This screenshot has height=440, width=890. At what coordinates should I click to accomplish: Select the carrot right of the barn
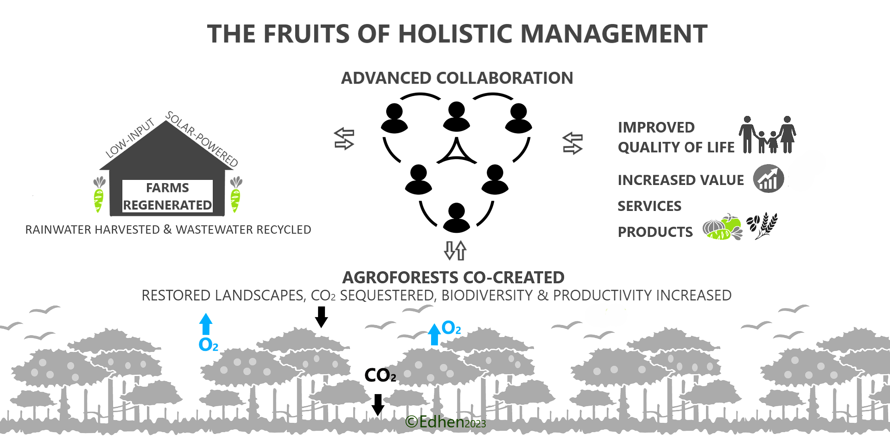236,194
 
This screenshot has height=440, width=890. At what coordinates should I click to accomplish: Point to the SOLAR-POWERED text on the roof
202,139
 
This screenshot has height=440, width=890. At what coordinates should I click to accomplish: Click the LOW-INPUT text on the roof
130,137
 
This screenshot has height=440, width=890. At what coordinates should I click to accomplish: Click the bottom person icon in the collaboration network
456,217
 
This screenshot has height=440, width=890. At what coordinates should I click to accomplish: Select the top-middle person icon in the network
456,116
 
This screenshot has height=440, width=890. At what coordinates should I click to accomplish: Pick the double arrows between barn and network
344,139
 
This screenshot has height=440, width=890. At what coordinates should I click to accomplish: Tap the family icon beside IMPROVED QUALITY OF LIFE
768,134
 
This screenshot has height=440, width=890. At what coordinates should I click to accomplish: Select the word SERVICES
649,206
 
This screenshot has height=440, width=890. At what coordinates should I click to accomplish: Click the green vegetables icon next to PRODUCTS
722,227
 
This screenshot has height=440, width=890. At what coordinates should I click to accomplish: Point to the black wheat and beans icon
762,225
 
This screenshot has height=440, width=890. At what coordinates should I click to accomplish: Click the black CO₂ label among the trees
380,375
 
